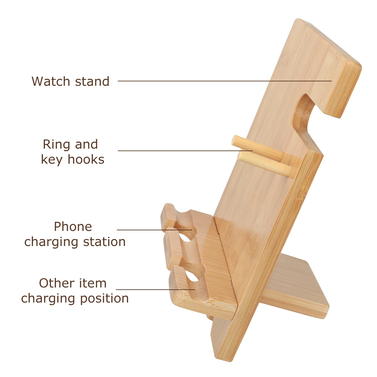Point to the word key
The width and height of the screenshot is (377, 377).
point(52,160)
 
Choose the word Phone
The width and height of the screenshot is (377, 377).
point(73,227)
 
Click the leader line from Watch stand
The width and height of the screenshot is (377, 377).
point(220,81)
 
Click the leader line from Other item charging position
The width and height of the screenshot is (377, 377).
point(154,289)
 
